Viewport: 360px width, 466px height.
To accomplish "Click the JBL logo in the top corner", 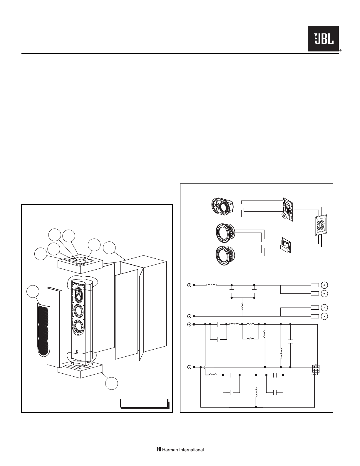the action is pyautogui.click(x=323, y=39).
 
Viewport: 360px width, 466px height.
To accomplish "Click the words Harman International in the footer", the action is pyautogui.click(x=180, y=450).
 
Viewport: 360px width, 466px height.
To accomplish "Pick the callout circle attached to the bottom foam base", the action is pyautogui.click(x=112, y=383).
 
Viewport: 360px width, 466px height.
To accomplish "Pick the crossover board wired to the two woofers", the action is pyautogui.click(x=285, y=245).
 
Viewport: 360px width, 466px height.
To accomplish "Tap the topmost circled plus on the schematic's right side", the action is pyautogui.click(x=324, y=285).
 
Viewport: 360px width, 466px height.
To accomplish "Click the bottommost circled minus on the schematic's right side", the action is pyautogui.click(x=324, y=316).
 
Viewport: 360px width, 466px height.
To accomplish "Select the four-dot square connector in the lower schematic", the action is pyautogui.click(x=316, y=369).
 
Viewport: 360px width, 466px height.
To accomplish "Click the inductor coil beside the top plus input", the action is pyautogui.click(x=212, y=285).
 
